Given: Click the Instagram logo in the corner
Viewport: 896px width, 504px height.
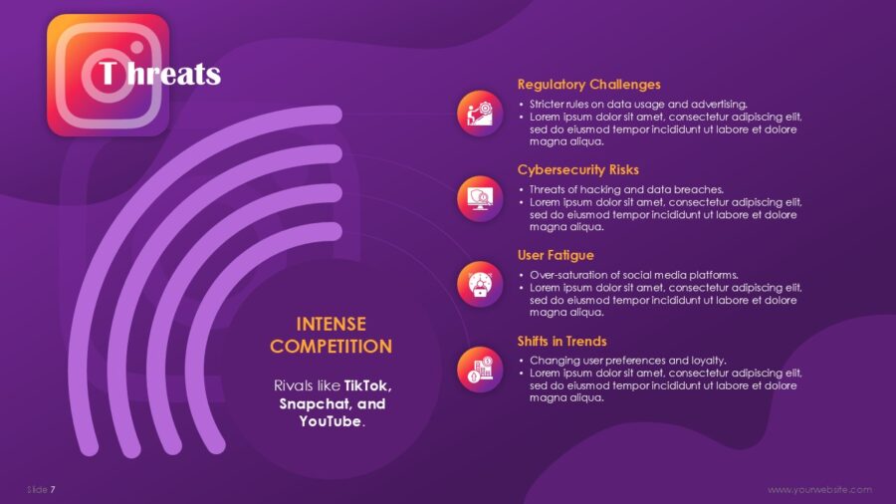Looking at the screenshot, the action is click(x=108, y=75).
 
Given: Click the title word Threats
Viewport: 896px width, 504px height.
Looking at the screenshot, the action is click(x=159, y=74).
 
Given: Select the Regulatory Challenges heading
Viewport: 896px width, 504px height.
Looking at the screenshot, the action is click(x=588, y=85).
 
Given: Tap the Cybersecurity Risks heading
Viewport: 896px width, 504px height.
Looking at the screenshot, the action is click(x=577, y=169).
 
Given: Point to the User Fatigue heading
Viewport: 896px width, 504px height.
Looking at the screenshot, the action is click(x=556, y=255).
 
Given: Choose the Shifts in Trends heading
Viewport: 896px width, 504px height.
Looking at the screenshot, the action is click(x=561, y=341).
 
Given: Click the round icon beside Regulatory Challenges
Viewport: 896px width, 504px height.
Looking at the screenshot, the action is click(x=480, y=114).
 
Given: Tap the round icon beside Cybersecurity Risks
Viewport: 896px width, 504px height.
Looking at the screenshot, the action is click(x=480, y=199).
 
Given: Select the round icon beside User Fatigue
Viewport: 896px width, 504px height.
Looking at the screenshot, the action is click(x=480, y=284).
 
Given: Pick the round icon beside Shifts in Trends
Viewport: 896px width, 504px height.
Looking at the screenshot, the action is click(x=480, y=370).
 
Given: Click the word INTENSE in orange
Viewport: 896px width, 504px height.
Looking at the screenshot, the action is click(x=331, y=324).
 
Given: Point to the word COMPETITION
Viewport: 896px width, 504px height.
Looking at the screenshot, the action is click(x=331, y=347).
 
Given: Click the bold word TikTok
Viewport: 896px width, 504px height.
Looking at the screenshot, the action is click(x=367, y=385).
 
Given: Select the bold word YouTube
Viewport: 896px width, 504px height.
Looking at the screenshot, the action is click(x=331, y=421).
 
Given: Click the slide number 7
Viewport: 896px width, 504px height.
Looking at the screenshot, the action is click(x=53, y=490).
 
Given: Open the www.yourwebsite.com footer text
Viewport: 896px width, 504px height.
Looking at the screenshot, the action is click(x=819, y=490).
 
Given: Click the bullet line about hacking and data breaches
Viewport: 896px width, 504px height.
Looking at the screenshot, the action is click(x=626, y=189).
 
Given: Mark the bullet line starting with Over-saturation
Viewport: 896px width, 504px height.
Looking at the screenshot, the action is click(x=634, y=275).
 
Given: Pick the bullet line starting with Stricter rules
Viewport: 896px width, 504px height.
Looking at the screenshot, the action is click(x=638, y=104).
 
